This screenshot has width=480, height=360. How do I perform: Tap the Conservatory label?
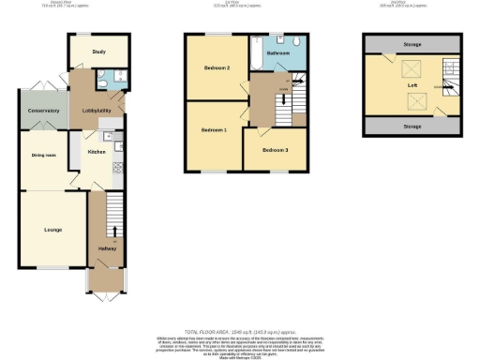[43, 111]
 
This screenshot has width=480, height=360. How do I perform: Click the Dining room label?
[42, 156]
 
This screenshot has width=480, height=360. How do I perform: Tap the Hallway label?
[105, 247]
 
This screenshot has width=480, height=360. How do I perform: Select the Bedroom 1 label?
[213, 129]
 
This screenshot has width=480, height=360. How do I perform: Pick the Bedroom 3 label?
[275, 150]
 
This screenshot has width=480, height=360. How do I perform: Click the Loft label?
[412, 84]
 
